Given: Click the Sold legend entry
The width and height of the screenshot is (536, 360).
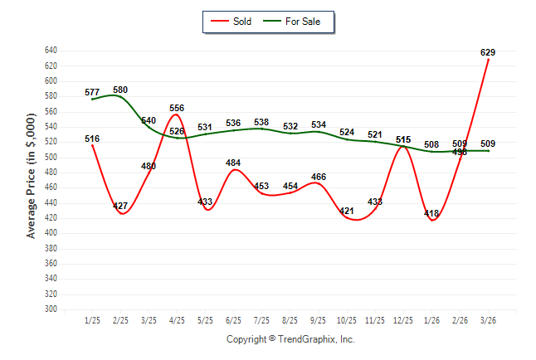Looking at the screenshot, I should click(235, 21).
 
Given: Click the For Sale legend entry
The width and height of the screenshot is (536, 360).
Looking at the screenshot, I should click(296, 21).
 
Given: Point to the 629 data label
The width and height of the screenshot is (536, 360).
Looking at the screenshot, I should click(488, 52).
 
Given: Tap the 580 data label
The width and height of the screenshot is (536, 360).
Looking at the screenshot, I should click(120, 90).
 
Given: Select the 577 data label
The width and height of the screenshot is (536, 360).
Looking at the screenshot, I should click(92, 92).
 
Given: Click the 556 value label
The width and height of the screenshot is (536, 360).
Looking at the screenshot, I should click(177, 108).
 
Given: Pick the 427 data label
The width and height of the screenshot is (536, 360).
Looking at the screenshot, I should click(120, 206).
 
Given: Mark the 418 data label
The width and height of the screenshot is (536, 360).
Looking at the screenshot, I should click(431, 213).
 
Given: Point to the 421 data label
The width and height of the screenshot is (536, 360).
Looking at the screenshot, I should click(347, 211).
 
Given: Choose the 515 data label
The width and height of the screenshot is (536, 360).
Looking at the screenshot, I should click(403, 139).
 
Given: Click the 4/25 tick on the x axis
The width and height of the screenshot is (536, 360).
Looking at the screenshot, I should click(177, 319).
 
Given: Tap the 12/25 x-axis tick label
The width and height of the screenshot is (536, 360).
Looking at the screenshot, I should click(403, 319).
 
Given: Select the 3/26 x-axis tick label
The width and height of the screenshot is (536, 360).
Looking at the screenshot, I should click(488, 319).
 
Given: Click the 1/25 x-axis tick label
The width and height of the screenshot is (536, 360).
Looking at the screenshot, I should click(92, 319).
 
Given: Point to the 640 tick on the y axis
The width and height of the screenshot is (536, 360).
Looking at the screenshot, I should click(51, 51).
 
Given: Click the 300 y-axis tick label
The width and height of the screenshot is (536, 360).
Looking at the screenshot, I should click(51, 309).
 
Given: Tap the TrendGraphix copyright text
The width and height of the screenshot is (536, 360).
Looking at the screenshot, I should click(290, 339).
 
